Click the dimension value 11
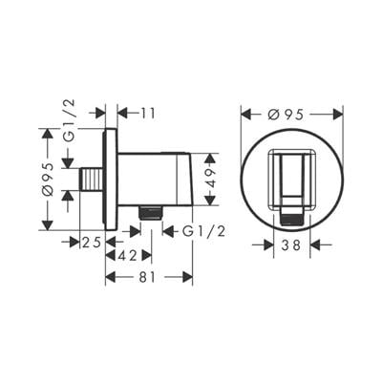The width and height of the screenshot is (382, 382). tap(147, 113)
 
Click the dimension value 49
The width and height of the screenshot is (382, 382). tap(210, 180)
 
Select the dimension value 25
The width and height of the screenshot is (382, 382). tap(92, 243)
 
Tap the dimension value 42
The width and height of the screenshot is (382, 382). tap(128, 255)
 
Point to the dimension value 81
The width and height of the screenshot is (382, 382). tap(147, 277)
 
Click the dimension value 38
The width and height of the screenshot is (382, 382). tap(291, 245)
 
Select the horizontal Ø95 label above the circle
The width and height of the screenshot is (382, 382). tap(286, 115)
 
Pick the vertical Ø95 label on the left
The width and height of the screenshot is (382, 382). tap(47, 180)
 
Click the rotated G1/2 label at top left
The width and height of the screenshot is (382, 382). tap(69, 120)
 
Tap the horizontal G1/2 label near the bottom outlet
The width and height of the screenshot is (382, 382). tap(204, 231)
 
